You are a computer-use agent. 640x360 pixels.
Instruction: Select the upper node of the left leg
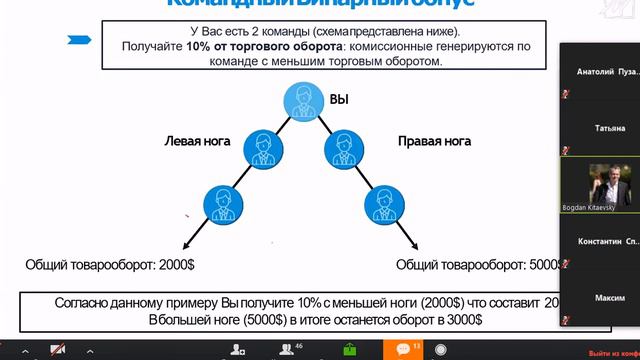coord(260,150)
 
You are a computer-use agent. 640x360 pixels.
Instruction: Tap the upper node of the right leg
coord(340,150)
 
